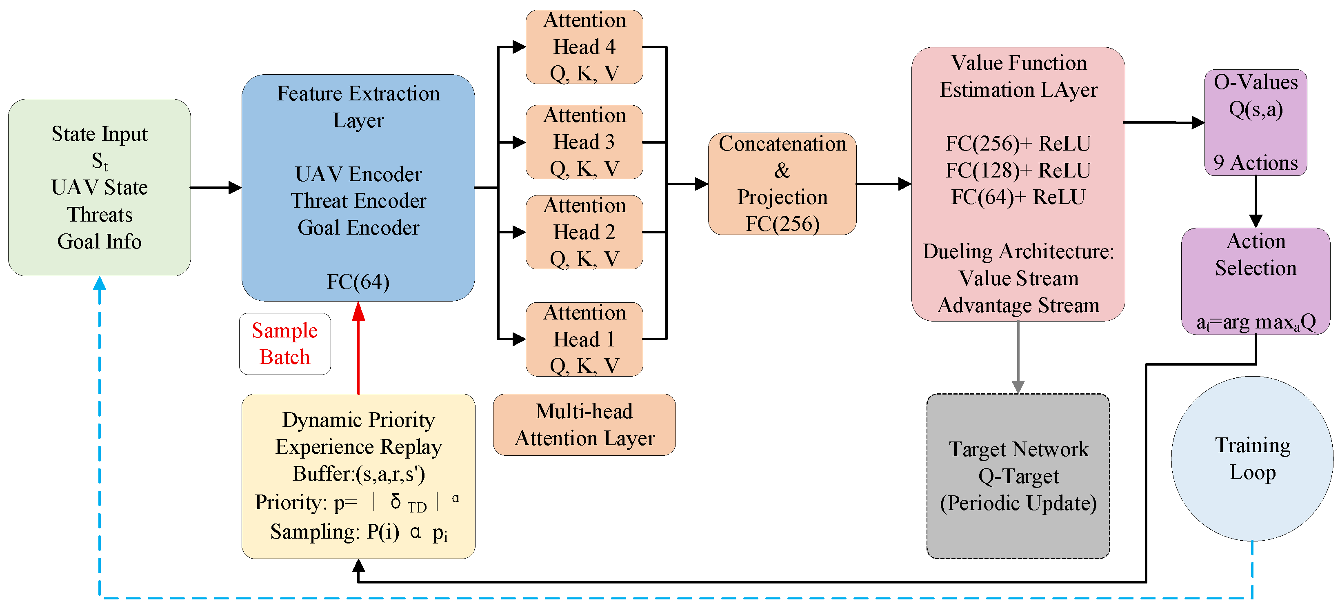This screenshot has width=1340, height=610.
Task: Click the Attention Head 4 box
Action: pyautogui.click(x=584, y=47)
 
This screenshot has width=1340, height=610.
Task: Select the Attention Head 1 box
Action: pyautogui.click(x=584, y=339)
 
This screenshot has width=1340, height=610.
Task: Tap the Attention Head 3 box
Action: pyautogui.click(x=584, y=142)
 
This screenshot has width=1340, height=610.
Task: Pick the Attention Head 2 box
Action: pyautogui.click(x=584, y=232)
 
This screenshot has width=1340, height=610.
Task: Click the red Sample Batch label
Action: pyautogui.click(x=284, y=344)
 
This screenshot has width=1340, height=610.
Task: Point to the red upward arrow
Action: pyautogui.click(x=358, y=348)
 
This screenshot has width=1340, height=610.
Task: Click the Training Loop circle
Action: pyautogui.click(x=1252, y=459)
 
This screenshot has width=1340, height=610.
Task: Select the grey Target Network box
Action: pyautogui.click(x=1018, y=476)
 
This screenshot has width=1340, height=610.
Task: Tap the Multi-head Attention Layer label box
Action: pyautogui.click(x=584, y=424)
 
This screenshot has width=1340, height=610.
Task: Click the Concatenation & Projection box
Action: pyautogui.click(x=782, y=184)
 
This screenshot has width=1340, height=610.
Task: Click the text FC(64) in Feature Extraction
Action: pyautogui.click(x=358, y=282)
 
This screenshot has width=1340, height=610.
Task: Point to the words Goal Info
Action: pyautogui.click(x=99, y=241)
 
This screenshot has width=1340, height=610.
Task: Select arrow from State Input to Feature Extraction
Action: pyautogui.click(x=216, y=187)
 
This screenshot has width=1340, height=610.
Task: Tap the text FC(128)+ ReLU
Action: pyautogui.click(x=1018, y=170)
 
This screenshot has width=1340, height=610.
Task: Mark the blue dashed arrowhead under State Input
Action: pyautogui.click(x=99, y=284)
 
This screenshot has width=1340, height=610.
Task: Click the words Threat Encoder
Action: pyautogui.click(x=358, y=201)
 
